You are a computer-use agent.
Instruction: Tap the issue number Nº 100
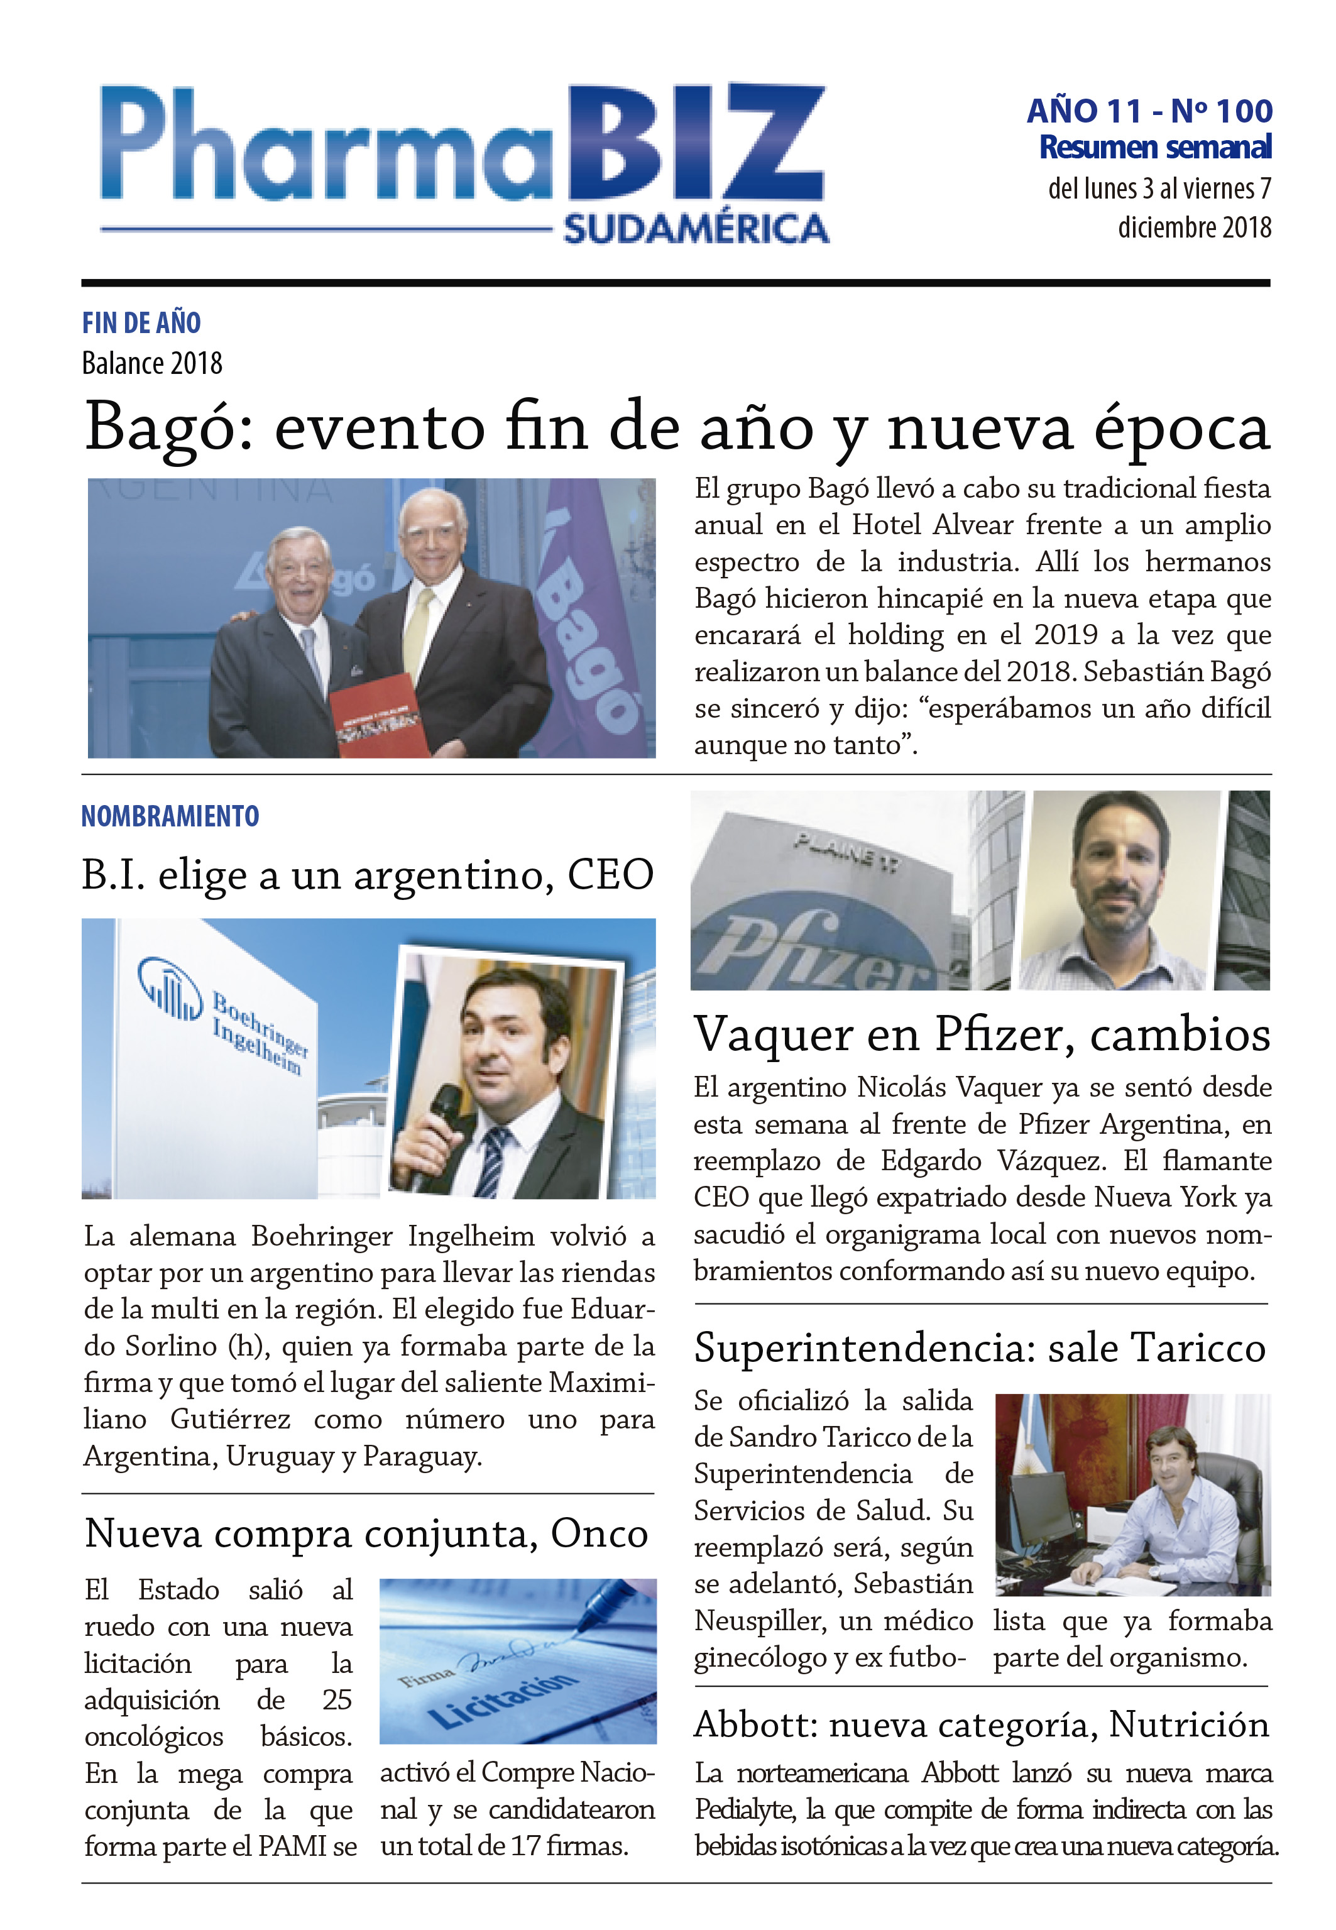[x=1222, y=111]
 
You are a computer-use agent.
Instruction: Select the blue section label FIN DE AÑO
[x=141, y=322]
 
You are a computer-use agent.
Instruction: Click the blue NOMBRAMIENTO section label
[x=170, y=816]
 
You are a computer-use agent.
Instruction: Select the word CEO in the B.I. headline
[x=610, y=875]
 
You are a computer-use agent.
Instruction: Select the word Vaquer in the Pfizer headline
[x=774, y=1034]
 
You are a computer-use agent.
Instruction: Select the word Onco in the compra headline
[x=600, y=1534]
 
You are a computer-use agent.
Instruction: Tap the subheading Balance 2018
[x=152, y=364]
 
